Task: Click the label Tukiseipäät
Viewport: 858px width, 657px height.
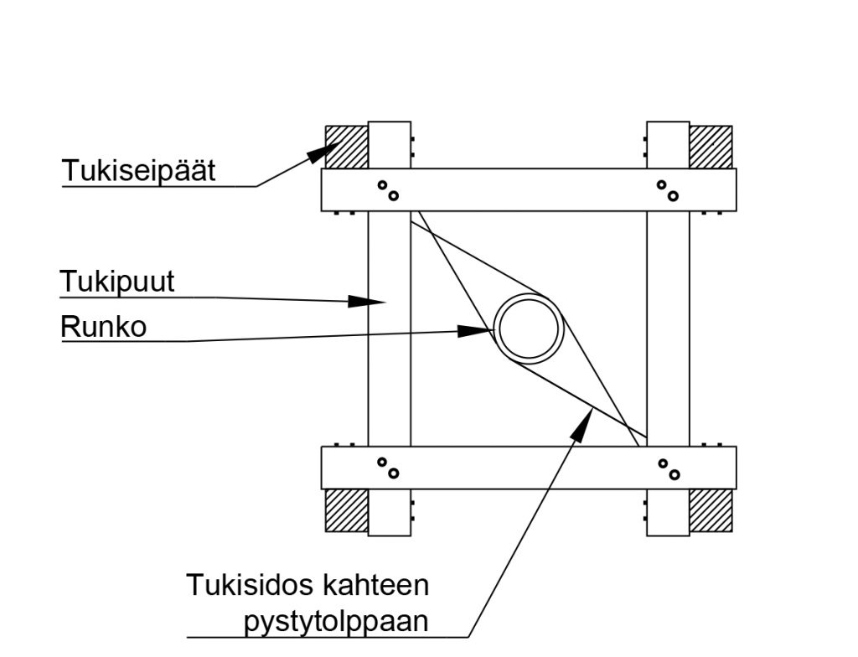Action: [138, 171]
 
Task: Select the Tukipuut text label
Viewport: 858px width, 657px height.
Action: [117, 282]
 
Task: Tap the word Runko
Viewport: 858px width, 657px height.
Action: [103, 327]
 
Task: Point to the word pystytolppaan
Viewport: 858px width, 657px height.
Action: [336, 623]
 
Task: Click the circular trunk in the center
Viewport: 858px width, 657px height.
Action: [529, 328]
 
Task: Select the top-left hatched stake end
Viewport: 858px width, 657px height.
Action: [346, 147]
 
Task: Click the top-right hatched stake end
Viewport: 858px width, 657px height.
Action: [711, 147]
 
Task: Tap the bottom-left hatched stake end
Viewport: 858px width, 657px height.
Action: [346, 510]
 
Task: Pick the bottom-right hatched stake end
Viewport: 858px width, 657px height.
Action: [711, 510]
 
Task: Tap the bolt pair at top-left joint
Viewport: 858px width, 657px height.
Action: [387, 190]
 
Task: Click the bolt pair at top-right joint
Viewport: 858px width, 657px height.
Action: [667, 190]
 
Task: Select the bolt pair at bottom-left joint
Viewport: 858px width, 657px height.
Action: [387, 468]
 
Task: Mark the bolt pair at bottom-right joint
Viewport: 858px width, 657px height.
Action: [667, 468]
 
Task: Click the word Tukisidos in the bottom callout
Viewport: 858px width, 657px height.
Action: [236, 585]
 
